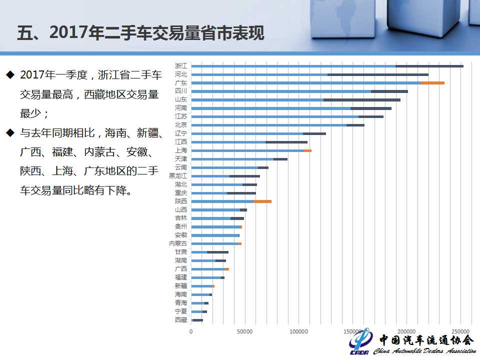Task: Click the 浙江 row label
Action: coord(181,65)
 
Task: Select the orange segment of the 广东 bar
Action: coord(432,83)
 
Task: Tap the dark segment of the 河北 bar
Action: coord(378,74)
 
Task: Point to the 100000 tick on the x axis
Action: coord(298,331)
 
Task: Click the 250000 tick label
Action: coord(460,331)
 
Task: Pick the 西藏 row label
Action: coord(181,319)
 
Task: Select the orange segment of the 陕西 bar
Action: coord(262,201)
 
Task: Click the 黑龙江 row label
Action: coord(178,175)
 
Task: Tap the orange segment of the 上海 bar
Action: coord(307,150)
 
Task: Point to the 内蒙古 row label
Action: coord(178,243)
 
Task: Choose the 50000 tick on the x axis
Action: coord(244,331)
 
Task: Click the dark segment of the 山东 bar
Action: coord(362,100)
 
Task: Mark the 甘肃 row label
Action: coord(181,251)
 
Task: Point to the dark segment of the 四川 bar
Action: coord(389,91)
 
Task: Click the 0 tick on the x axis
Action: coord(191,331)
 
